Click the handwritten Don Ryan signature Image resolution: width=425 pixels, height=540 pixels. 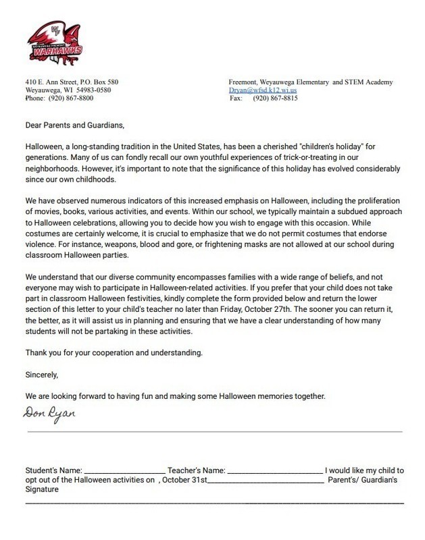point(49,412)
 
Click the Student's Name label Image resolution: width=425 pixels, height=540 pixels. point(53,470)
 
